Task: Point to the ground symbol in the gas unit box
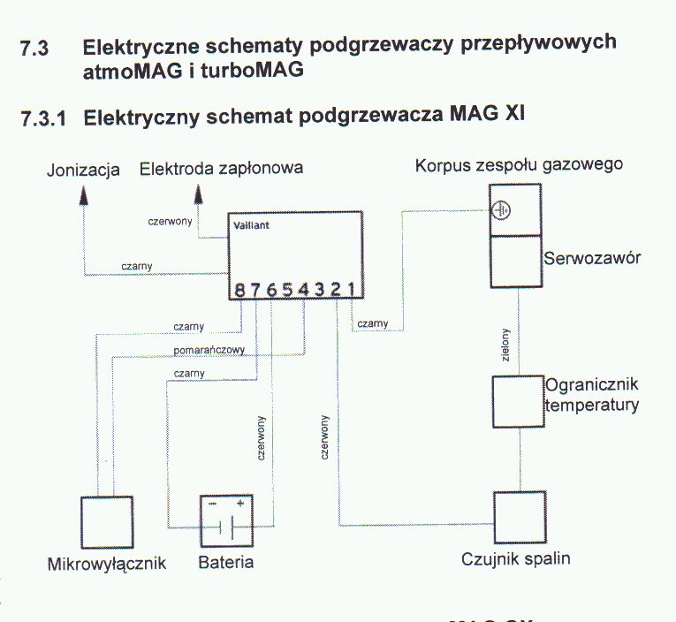click(x=501, y=211)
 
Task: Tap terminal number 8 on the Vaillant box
click(x=239, y=291)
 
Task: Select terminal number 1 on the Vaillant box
click(x=352, y=290)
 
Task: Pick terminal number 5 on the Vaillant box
click(x=287, y=290)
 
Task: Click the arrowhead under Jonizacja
click(x=84, y=195)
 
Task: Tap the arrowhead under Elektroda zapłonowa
click(x=198, y=194)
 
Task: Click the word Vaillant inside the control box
click(x=251, y=225)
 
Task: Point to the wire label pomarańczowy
click(x=209, y=351)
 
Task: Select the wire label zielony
click(x=505, y=345)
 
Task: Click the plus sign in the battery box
click(x=240, y=503)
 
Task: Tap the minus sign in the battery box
click(x=213, y=504)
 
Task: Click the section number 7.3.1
click(x=43, y=118)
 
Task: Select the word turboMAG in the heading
click(x=252, y=70)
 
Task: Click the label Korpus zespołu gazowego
click(x=519, y=165)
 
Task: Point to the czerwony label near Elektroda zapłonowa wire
click(x=170, y=222)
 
